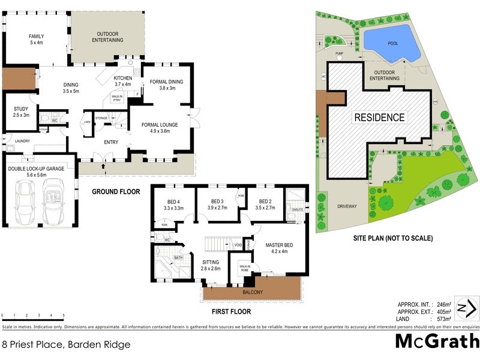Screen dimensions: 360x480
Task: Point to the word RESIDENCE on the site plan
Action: click(x=379, y=117)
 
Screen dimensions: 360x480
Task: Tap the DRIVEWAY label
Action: click(x=346, y=206)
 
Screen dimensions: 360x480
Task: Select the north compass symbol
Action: click(x=466, y=308)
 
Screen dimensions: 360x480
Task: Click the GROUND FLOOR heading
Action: click(x=115, y=192)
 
